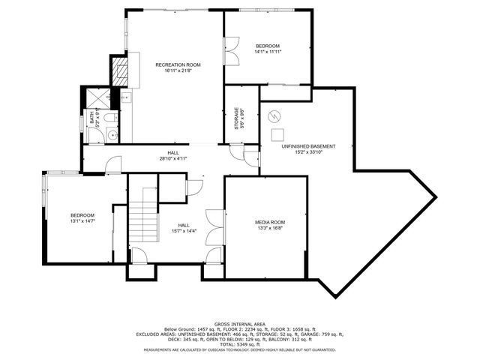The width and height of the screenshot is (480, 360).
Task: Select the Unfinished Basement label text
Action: point(308,146)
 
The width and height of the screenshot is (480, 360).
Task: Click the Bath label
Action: point(92,117)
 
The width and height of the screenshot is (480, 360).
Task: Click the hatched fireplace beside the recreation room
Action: point(119,71)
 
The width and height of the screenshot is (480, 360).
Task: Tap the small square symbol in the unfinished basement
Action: point(276,133)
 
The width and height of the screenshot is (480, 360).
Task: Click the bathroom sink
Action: point(112,135)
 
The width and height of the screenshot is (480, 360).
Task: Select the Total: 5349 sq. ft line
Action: point(240,343)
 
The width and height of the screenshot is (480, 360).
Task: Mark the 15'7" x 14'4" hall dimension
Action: point(184,230)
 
